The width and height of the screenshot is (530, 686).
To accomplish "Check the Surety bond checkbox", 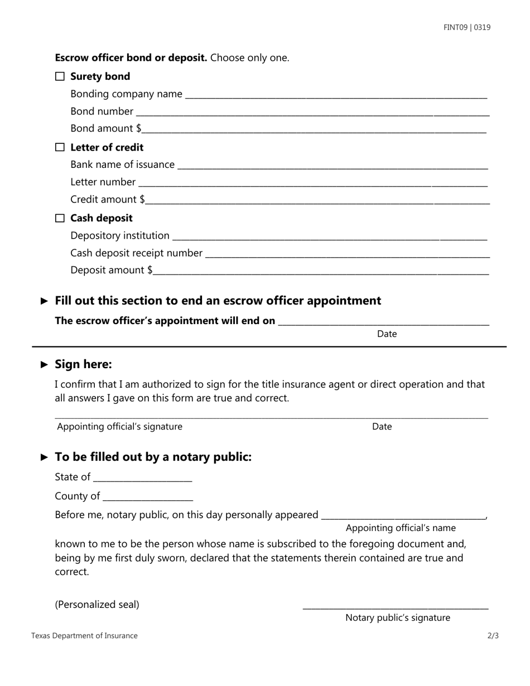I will [x=60, y=76].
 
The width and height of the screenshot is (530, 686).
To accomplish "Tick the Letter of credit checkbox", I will [x=60, y=147].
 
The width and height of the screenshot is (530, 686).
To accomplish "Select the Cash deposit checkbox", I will [x=60, y=218].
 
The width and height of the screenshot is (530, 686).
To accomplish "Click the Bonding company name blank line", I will [x=336, y=95].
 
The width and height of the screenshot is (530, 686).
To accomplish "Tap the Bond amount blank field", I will [x=315, y=130].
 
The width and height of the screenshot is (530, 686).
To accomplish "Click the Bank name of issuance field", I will [x=332, y=166].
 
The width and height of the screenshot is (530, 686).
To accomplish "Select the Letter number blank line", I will [x=313, y=183].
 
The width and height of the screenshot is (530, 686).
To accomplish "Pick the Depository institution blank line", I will [x=330, y=237].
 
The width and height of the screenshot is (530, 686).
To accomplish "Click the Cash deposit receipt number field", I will [x=348, y=254].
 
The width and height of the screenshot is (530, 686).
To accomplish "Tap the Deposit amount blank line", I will [x=322, y=272].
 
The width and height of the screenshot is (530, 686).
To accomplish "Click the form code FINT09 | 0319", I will [x=467, y=27].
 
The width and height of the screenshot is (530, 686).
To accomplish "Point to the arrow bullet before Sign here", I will [x=45, y=365].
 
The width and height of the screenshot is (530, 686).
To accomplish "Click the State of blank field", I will [x=143, y=479].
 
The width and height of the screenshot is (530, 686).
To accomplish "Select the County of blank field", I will [x=148, y=497].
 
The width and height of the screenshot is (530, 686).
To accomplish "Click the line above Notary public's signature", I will [x=396, y=607].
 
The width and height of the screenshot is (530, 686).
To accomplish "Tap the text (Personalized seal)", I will [x=97, y=605].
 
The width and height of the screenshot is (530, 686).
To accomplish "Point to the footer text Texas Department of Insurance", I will [x=84, y=636].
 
